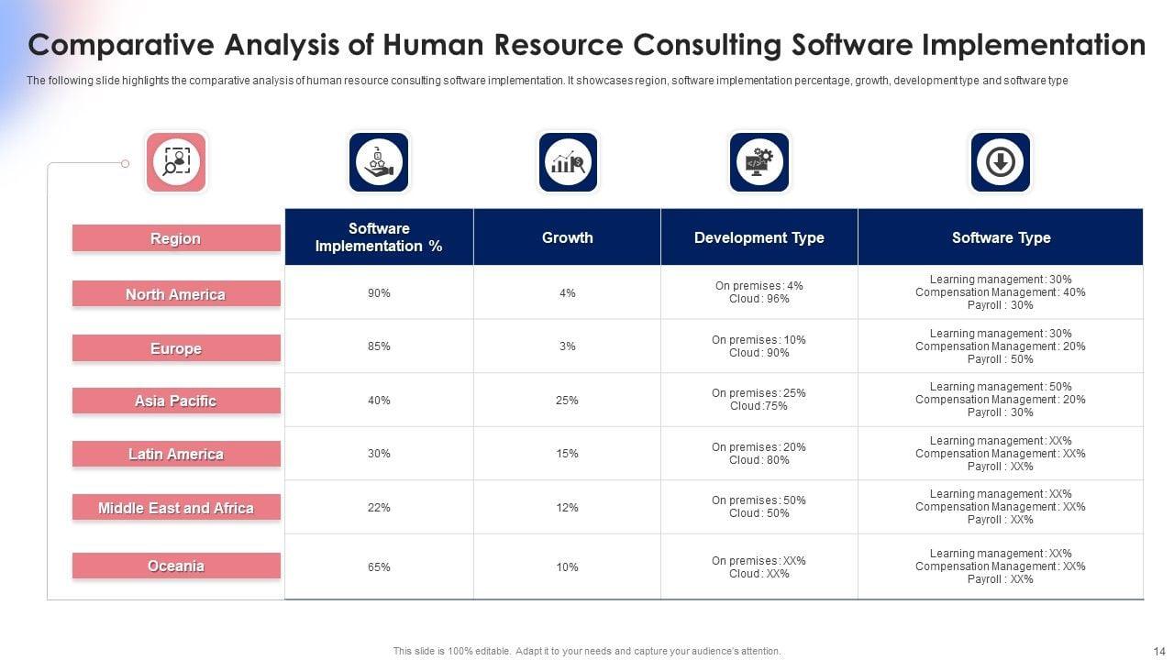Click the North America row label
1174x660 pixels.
click(x=176, y=294)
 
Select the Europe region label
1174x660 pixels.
click(x=176, y=348)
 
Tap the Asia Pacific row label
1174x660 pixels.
click(x=176, y=401)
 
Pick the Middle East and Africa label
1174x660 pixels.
click(x=176, y=508)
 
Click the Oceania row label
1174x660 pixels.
click(x=176, y=566)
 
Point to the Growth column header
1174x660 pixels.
click(x=567, y=237)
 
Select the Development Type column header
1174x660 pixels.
click(x=759, y=237)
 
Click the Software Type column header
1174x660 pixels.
click(x=1001, y=237)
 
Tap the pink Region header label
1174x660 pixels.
click(x=176, y=238)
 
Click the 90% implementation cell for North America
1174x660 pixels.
click(x=379, y=293)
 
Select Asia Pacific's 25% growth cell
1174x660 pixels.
click(x=567, y=401)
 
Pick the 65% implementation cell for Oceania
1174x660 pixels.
click(x=379, y=567)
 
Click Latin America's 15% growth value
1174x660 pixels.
click(x=567, y=454)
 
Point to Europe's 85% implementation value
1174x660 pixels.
click(x=379, y=346)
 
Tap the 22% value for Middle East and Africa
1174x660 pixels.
click(x=379, y=508)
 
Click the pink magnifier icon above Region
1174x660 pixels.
click(x=176, y=162)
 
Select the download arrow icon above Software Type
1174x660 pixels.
click(x=1000, y=162)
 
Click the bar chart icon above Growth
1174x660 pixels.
click(x=568, y=162)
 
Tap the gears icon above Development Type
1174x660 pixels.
click(x=759, y=162)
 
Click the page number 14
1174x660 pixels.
click(x=1157, y=650)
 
